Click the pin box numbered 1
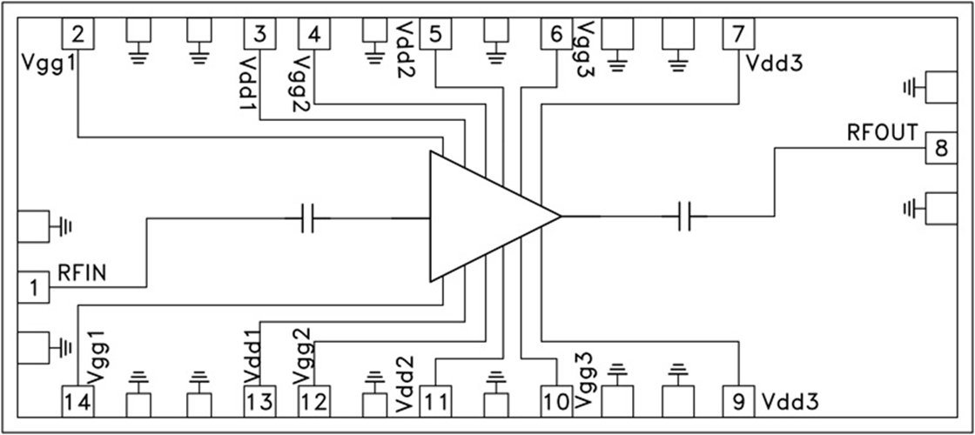pos(34,287)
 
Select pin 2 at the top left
pos(78,35)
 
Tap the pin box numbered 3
pos(259,35)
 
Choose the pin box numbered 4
pos(314,35)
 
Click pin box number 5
pos(435,35)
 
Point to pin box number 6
pos(555,35)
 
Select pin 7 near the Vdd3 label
pos(738,35)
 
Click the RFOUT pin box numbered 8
pos(940,148)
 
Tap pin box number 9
pos(738,402)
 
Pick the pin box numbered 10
pos(555,402)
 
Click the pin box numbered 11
pos(435,402)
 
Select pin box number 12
pos(314,402)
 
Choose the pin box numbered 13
pos(259,402)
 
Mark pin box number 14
pos(78,402)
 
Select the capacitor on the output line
pos(683,216)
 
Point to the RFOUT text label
pos(881,133)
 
